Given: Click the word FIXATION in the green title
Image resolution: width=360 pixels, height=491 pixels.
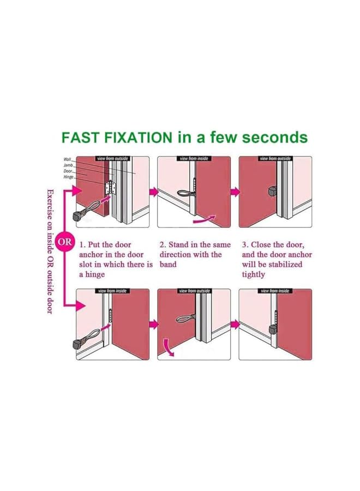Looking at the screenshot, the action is click(x=138, y=137).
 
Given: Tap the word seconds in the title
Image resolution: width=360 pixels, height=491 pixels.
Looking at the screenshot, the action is click(x=275, y=137).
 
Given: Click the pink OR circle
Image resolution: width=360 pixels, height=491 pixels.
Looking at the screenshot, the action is click(x=64, y=242).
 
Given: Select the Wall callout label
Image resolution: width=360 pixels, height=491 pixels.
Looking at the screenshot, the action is click(x=68, y=159).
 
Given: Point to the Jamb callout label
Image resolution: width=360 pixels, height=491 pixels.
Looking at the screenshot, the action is click(x=68, y=165).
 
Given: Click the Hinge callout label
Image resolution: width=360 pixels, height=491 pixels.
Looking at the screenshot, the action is click(x=69, y=177).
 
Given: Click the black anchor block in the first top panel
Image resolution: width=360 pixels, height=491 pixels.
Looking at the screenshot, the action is click(x=77, y=216).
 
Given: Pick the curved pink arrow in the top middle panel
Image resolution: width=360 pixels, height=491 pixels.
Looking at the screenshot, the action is click(x=205, y=219).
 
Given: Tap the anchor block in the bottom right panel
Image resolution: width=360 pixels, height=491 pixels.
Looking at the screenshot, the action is click(x=273, y=330).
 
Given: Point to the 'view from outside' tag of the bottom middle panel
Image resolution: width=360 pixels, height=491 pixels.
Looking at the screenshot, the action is click(x=194, y=291).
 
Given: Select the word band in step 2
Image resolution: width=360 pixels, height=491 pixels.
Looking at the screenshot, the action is click(x=168, y=264).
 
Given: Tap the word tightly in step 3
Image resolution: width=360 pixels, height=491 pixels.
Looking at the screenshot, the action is click(x=253, y=274).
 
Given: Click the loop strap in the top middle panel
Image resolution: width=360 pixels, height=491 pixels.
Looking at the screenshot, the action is click(x=185, y=194).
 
